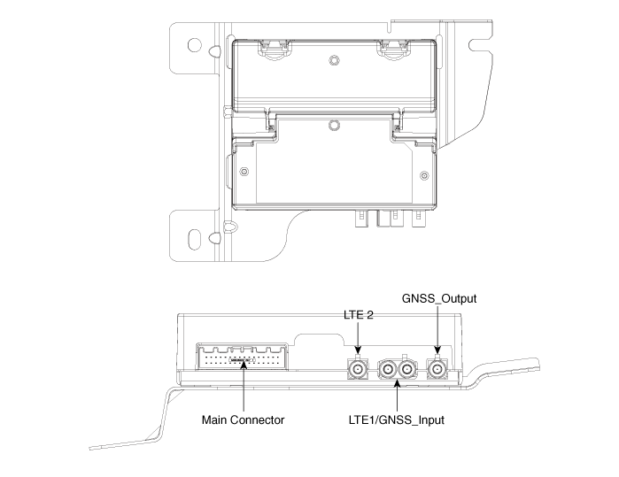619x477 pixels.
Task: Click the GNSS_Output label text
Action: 440,299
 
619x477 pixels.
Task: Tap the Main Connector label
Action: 243,419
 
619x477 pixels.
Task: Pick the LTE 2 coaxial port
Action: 358,367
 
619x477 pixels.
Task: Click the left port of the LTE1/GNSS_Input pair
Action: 388,367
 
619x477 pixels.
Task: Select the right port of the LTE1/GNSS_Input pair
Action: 406,367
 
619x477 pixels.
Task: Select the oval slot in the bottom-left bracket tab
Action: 194,238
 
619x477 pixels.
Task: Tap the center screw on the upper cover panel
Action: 333,61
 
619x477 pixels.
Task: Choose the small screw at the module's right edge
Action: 423,173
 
